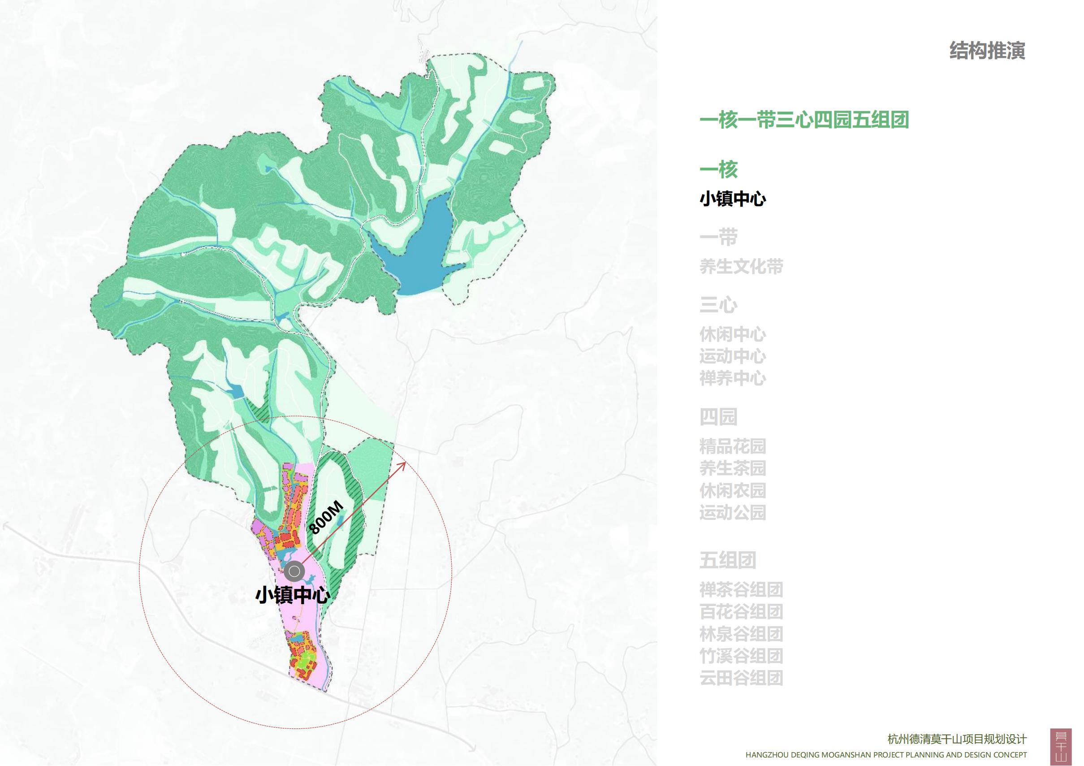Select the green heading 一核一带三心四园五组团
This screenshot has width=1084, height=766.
(804, 120)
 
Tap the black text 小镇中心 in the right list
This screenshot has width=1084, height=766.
(732, 199)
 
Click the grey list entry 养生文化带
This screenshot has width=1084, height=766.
(741, 266)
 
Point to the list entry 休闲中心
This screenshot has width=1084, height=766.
(732, 334)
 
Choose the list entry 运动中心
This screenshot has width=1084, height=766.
(732, 356)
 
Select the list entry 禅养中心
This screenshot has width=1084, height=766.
(732, 378)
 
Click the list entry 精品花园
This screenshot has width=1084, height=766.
(732, 446)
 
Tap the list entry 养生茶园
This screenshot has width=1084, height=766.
(732, 468)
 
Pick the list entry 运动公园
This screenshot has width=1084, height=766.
(732, 512)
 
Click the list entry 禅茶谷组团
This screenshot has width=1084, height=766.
(741, 589)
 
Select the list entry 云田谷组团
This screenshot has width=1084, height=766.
(741, 678)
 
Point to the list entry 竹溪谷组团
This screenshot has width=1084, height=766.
(741, 655)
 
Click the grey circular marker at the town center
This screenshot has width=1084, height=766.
(294, 571)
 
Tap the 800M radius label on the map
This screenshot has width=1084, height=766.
(325, 518)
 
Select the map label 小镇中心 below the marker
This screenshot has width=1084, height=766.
(292, 596)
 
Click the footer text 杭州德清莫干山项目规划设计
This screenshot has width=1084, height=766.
(957, 739)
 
